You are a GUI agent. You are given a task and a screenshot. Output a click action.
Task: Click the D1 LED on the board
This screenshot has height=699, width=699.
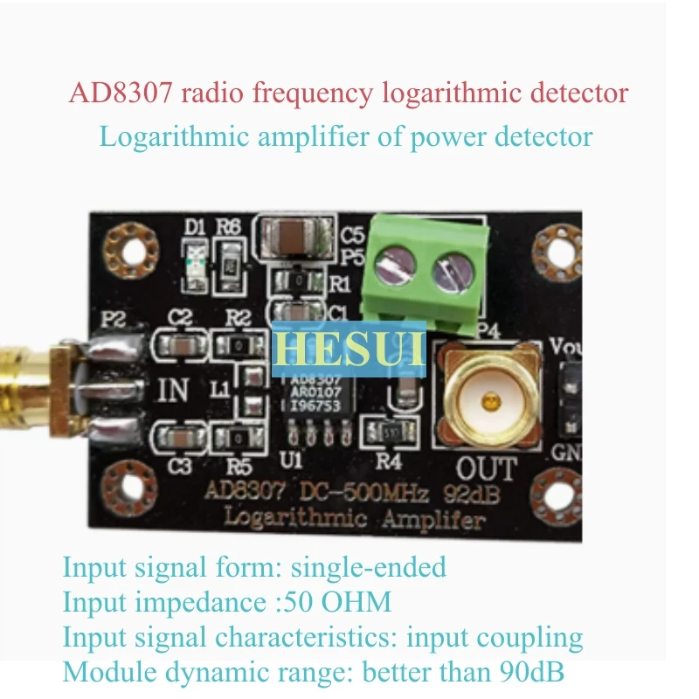(197, 258)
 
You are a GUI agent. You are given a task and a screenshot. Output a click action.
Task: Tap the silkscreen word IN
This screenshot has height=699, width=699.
(173, 390)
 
